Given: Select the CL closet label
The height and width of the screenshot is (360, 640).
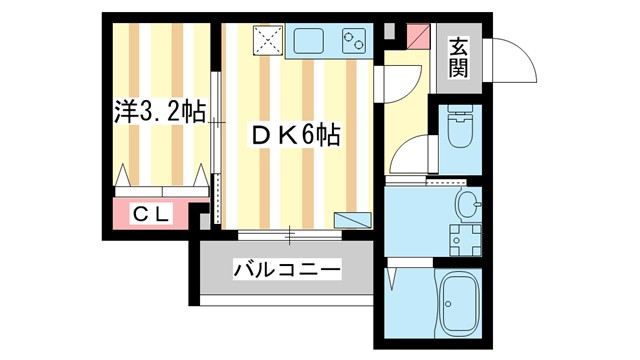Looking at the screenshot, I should (x=152, y=213).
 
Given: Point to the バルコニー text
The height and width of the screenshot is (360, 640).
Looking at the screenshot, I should (x=287, y=268).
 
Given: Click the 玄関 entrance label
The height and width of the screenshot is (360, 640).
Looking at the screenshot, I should (x=458, y=58).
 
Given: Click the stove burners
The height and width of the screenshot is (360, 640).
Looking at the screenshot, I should (x=354, y=41).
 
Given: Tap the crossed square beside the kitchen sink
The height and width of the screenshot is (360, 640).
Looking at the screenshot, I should (x=267, y=41).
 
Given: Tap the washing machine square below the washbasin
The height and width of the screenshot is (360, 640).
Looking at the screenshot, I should (x=462, y=241).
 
